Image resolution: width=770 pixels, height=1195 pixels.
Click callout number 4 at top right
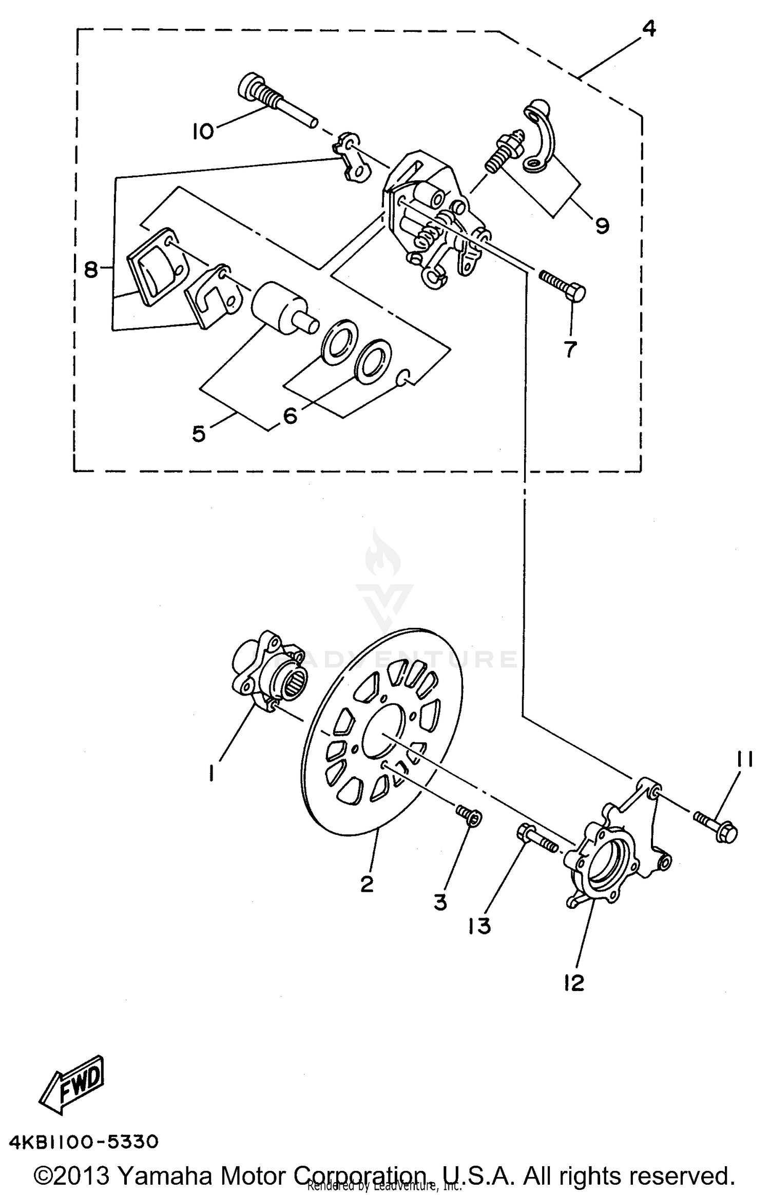coord(649,29)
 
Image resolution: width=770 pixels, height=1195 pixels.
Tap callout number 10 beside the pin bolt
coord(203,132)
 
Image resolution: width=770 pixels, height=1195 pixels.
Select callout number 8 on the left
coord(91,269)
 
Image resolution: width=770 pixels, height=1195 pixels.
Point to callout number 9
coord(602,225)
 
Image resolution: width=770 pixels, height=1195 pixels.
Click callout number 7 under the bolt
coord(570,349)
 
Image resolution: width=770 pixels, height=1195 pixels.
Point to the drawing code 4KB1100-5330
coord(84,1142)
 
